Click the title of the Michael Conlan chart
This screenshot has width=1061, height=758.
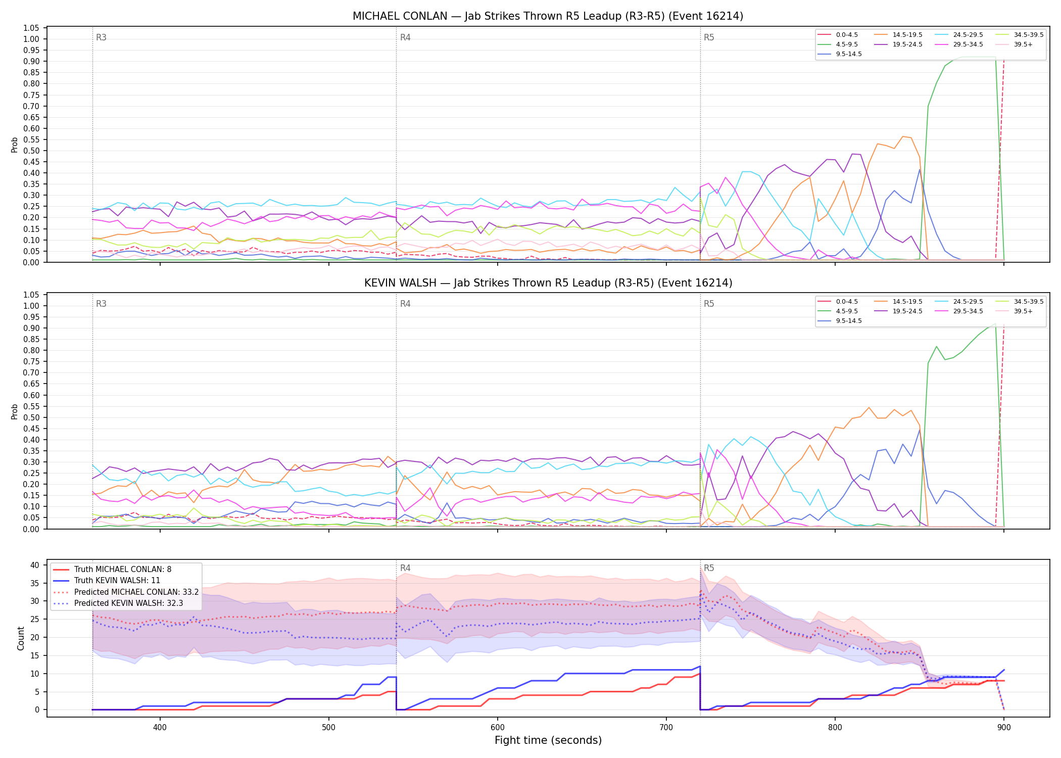pyautogui.click(x=548, y=16)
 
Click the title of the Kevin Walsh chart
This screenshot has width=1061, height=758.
pyautogui.click(x=548, y=283)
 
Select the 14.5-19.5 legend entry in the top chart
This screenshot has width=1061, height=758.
pyautogui.click(x=899, y=35)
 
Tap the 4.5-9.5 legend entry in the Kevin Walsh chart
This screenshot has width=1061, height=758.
pyautogui.click(x=838, y=311)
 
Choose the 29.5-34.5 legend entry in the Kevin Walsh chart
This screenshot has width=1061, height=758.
pyautogui.click(x=959, y=311)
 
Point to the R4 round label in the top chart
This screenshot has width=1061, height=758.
pyautogui.click(x=405, y=37)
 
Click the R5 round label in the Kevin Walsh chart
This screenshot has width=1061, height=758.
pyautogui.click(x=709, y=304)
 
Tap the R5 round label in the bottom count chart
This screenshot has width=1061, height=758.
pyautogui.click(x=709, y=568)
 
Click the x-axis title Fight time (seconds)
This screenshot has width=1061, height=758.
pyautogui.click(x=548, y=740)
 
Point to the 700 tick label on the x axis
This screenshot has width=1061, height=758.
pyautogui.click(x=666, y=727)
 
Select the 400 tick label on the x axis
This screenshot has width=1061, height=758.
pyautogui.click(x=160, y=727)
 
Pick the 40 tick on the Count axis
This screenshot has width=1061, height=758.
pyautogui.click(x=35, y=565)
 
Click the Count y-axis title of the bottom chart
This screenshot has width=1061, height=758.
pyautogui.click(x=21, y=638)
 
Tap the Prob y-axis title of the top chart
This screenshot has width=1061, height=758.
pyautogui.click(x=15, y=145)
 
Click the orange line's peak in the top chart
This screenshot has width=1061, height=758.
pyautogui.click(x=902, y=136)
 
